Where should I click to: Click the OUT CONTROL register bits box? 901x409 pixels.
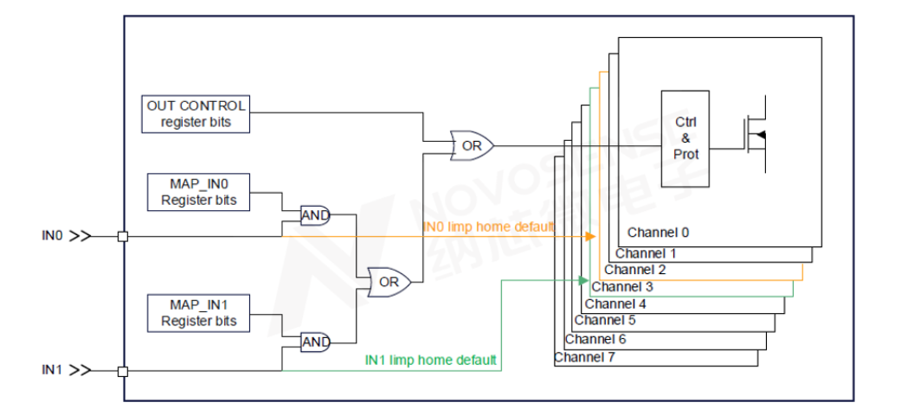click(x=196, y=113)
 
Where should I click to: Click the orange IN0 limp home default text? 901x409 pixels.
click(x=487, y=227)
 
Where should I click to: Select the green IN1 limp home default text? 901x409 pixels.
click(x=430, y=360)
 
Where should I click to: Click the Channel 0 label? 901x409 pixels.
click(x=659, y=233)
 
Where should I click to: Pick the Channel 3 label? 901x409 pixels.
click(x=624, y=286)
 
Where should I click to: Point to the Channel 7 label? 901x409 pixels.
click(x=584, y=357)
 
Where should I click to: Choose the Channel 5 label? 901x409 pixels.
click(x=605, y=321)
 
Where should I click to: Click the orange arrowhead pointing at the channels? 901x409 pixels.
click(x=591, y=236)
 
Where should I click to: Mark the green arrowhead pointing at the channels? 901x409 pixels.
click(x=583, y=280)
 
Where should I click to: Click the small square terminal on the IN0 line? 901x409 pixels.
click(x=123, y=235)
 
